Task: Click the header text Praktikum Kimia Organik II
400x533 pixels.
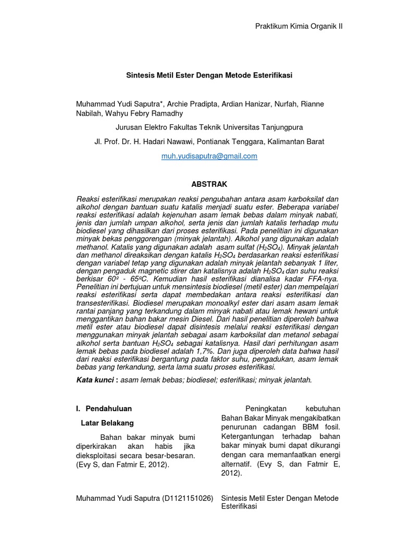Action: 298,27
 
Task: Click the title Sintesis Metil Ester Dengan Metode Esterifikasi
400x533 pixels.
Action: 210,75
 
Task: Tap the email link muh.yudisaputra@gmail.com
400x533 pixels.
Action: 209,156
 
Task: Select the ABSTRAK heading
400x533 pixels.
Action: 210,184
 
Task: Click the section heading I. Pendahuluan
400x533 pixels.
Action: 104,408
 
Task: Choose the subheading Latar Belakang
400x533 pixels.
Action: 107,423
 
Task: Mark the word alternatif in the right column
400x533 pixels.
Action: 237,465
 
